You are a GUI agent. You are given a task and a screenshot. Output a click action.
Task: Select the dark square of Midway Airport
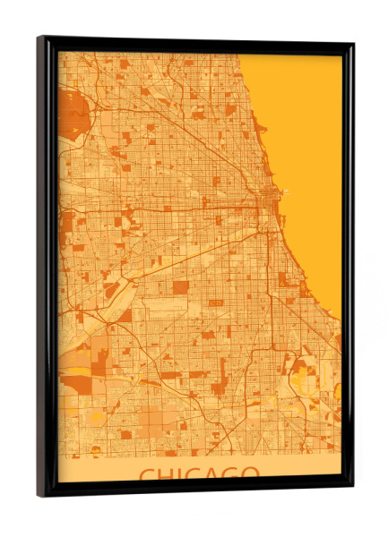tap(180, 288)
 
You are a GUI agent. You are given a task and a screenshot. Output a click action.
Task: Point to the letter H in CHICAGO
tap(168, 473)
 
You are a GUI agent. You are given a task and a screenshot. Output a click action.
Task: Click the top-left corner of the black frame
tap(39, 38)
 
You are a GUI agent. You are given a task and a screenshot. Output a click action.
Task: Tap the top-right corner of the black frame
tap(352, 45)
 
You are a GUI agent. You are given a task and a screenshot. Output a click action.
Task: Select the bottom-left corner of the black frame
tap(39, 494)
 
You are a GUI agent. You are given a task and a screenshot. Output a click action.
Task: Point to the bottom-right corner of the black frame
tap(351, 487)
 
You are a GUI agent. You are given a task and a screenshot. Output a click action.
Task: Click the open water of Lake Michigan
tap(305, 134)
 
